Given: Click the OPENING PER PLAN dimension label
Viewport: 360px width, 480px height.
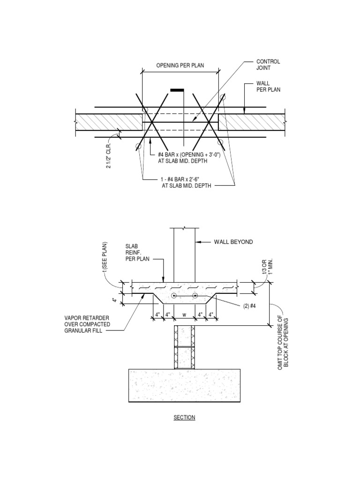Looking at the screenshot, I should point(180,66).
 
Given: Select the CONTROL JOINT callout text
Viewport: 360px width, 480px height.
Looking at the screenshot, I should point(268,64).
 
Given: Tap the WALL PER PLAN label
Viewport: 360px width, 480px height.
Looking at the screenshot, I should point(268,86).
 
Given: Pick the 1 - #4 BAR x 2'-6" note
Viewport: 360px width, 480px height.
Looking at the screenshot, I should point(187,182).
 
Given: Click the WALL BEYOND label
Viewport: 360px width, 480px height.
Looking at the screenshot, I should point(233,242).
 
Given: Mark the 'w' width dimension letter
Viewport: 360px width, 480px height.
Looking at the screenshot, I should point(184,314).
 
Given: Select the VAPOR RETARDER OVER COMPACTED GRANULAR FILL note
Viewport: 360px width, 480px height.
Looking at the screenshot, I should point(87,324).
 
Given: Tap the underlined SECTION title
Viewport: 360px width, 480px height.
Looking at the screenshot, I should point(184,417).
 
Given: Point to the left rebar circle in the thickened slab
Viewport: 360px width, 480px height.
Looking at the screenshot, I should point(174,296).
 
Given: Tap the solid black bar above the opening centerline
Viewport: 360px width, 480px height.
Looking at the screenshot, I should point(178,90).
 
